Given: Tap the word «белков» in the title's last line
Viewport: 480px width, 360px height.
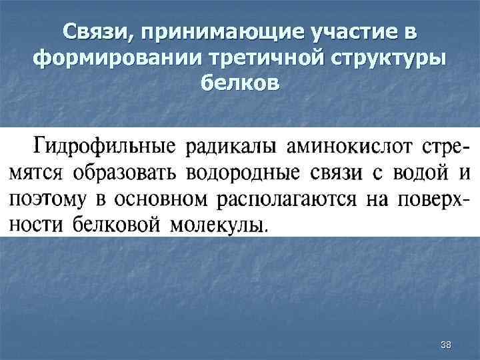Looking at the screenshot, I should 240,85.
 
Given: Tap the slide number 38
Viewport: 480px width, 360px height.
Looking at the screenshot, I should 446,344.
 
